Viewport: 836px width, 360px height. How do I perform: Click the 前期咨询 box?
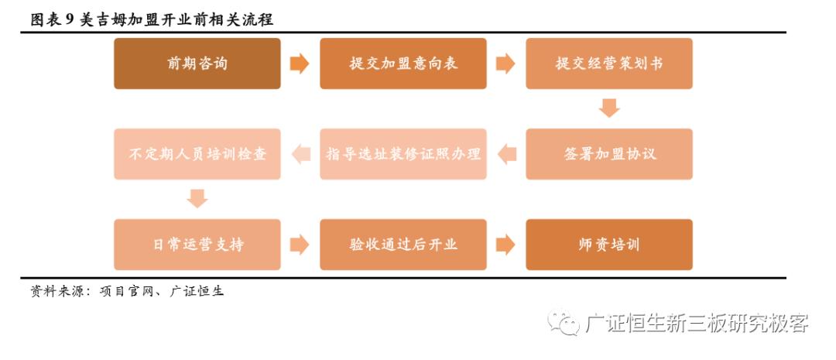(197, 63)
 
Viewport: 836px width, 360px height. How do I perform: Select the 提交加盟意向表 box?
(403, 63)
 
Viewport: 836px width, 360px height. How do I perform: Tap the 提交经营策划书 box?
(609, 63)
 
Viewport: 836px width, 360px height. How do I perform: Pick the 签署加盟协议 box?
(609, 154)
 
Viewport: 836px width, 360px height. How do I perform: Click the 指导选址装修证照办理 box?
(403, 154)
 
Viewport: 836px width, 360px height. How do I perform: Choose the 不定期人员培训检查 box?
(197, 154)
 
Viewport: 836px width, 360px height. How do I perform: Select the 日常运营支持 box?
(197, 245)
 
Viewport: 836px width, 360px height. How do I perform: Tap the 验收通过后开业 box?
(403, 245)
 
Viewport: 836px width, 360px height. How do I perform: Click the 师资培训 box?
(609, 245)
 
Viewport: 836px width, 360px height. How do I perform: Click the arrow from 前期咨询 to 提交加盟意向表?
(300, 63)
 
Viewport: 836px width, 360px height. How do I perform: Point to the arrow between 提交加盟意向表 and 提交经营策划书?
(505, 63)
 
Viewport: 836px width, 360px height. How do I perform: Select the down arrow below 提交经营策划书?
(610, 108)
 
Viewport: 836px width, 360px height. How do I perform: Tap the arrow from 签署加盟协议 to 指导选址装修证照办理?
(507, 154)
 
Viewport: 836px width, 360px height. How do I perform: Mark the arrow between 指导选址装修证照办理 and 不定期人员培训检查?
(300, 154)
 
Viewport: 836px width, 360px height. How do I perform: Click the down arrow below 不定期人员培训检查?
(198, 198)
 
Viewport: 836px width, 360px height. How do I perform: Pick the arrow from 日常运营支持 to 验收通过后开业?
(300, 245)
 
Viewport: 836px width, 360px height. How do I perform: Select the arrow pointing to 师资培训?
(505, 245)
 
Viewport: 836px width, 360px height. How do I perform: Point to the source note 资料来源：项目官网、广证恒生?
(127, 292)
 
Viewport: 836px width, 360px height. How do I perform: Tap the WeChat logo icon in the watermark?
(563, 322)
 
